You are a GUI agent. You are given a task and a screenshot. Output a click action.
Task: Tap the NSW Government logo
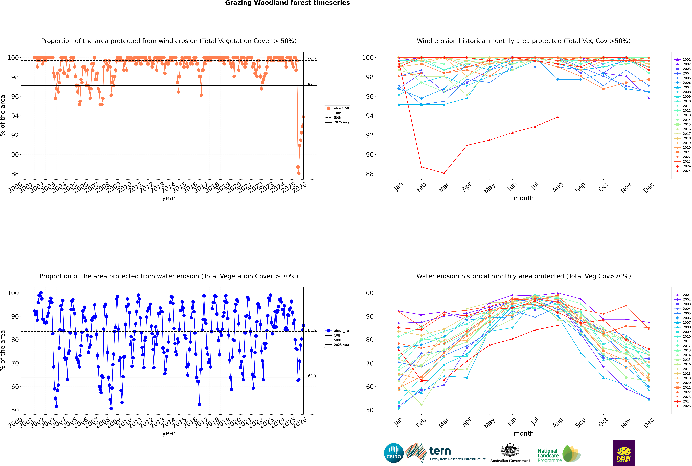click(x=624, y=453)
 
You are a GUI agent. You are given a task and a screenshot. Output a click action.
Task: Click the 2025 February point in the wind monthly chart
click(x=421, y=167)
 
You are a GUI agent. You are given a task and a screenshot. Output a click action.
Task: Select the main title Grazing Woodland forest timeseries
click(x=287, y=3)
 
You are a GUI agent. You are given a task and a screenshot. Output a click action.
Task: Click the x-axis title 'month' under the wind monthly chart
click(x=524, y=198)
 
